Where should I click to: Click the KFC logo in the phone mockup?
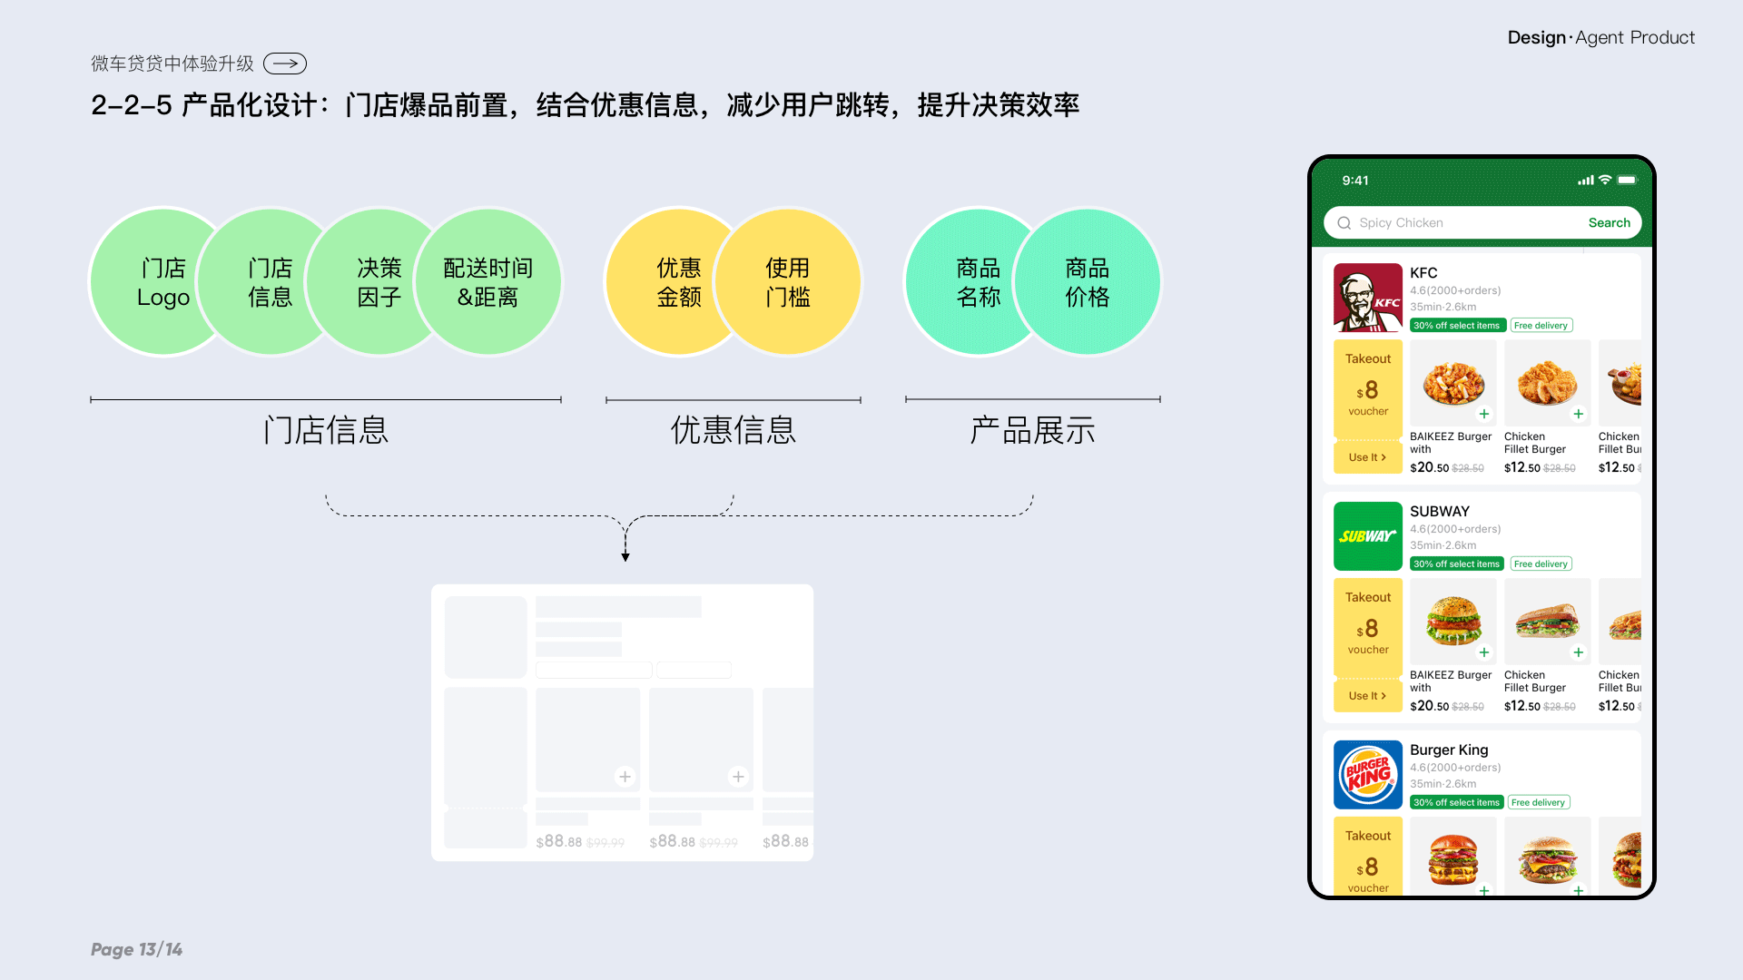pyautogui.click(x=1367, y=298)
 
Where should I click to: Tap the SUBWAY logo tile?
pyautogui.click(x=1367, y=536)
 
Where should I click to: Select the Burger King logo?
pyautogui.click(x=1367, y=775)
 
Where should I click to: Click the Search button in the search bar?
pyautogui.click(x=1609, y=223)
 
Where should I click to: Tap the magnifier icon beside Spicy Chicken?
pyautogui.click(x=1344, y=223)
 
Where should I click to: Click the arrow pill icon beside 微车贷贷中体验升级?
pyautogui.click(x=285, y=64)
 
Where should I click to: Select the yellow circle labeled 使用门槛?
pyautogui.click(x=788, y=282)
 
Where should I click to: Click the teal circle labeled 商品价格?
pyautogui.click(x=1088, y=282)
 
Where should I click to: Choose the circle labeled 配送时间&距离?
pyautogui.click(x=488, y=282)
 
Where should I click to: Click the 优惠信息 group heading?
pyautogui.click(x=734, y=430)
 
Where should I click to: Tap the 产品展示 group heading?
pyautogui.click(x=1033, y=430)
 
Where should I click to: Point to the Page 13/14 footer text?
pyautogui.click(x=136, y=949)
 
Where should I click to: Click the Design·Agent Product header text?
pyautogui.click(x=1600, y=38)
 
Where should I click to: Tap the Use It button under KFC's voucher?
pyautogui.click(x=1367, y=457)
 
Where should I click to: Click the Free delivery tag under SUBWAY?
pyautogui.click(x=1541, y=564)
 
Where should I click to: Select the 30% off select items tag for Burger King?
pyautogui.click(x=1456, y=803)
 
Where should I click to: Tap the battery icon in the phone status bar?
pyautogui.click(x=1627, y=181)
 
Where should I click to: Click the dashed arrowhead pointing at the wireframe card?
pyautogui.click(x=625, y=556)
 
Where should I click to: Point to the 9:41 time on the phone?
pyautogui.click(x=1355, y=181)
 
